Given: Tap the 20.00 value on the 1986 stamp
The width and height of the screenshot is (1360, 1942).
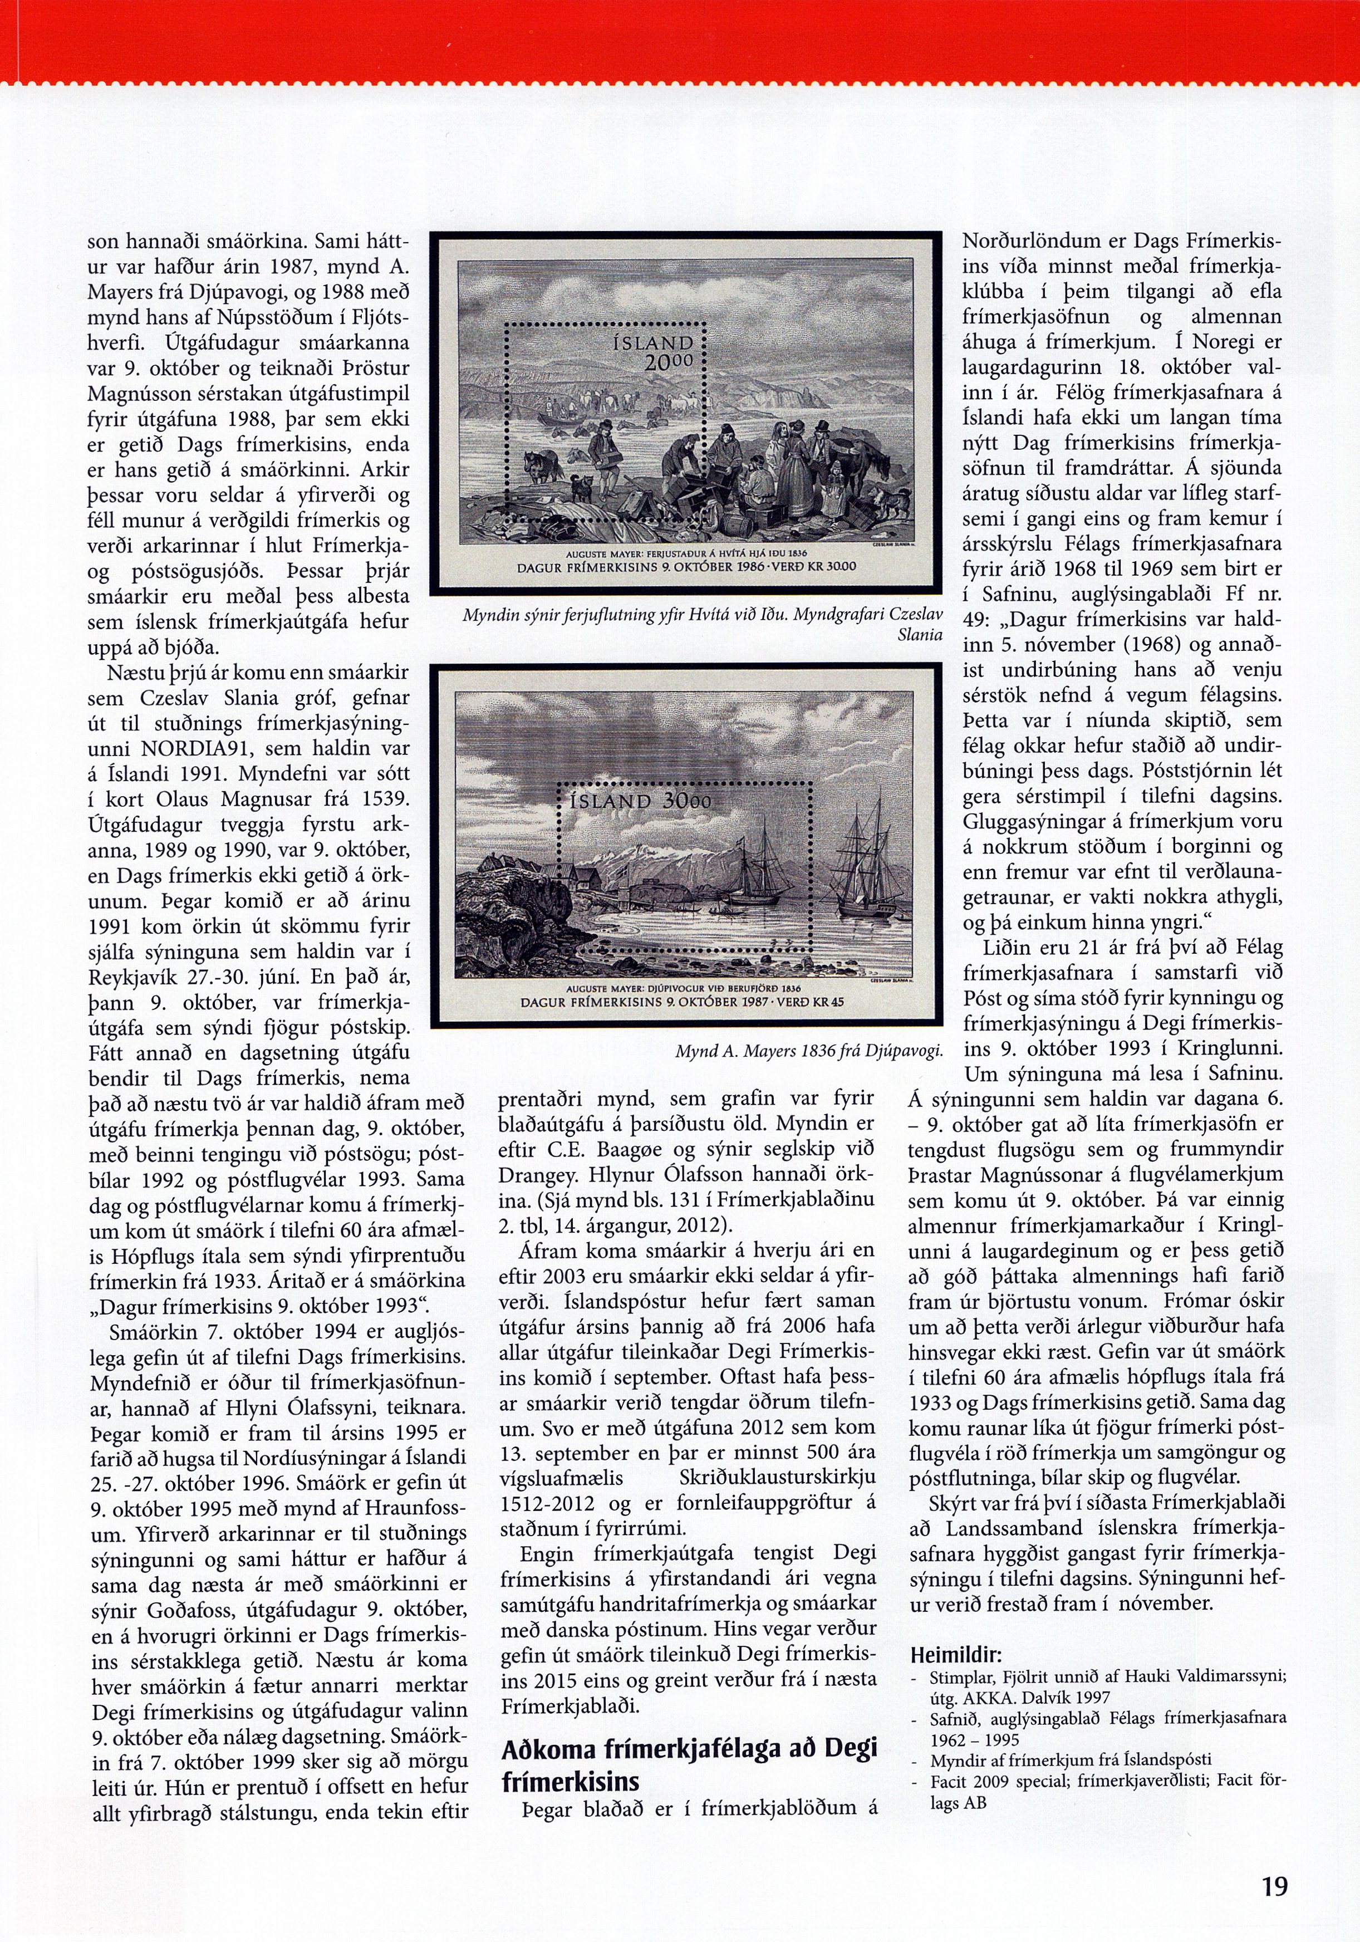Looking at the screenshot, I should pyautogui.click(x=668, y=362).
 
